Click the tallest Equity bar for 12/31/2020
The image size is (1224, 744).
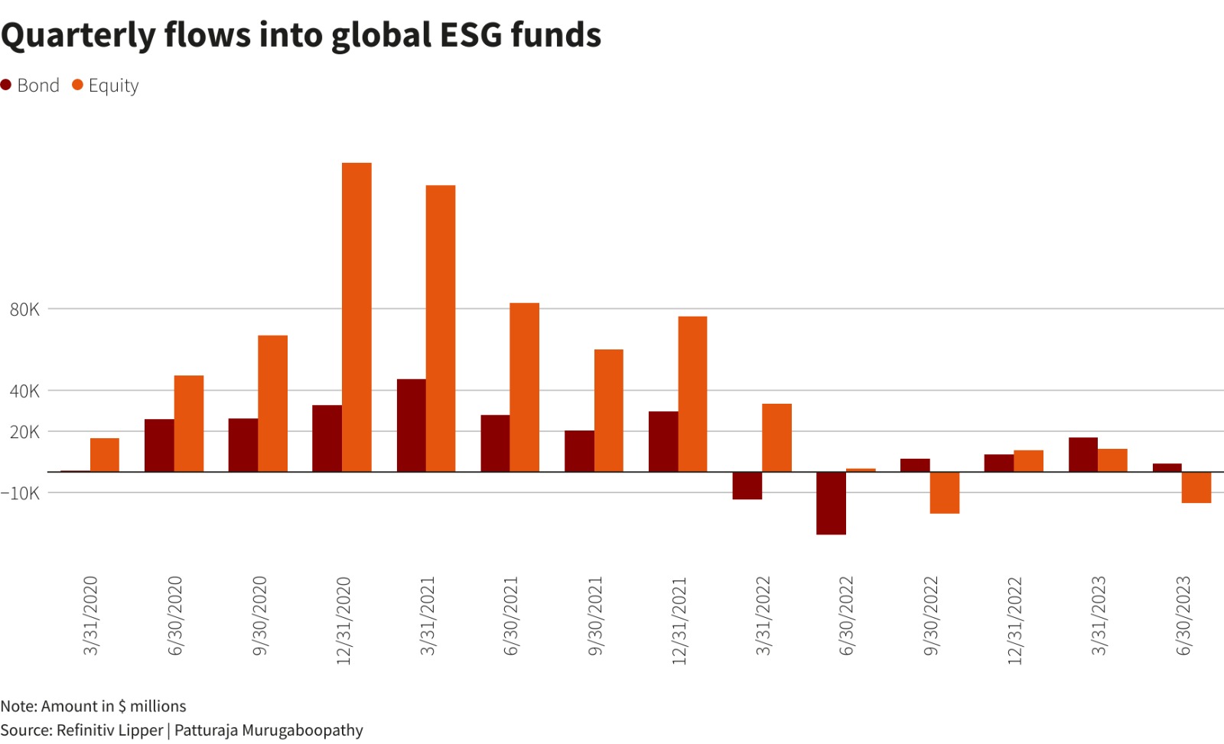point(356,317)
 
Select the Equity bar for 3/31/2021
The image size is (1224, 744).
point(441,328)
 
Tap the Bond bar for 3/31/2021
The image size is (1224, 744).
point(411,425)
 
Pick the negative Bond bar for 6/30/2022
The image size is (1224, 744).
point(831,503)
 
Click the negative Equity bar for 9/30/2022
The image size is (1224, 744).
point(945,492)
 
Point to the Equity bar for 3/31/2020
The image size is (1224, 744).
point(105,455)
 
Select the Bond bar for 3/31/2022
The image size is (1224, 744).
point(747,486)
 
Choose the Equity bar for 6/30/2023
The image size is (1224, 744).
point(1196,487)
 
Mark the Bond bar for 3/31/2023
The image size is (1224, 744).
point(1083,454)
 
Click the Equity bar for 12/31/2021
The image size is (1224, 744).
point(692,394)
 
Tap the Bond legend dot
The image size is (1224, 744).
point(6,85)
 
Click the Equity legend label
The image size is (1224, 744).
point(113,86)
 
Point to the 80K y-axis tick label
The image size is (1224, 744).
point(24,310)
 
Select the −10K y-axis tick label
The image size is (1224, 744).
point(21,493)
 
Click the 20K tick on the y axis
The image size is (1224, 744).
point(24,432)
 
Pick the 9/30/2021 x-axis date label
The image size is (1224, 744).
point(596,616)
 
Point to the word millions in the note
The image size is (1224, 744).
point(158,706)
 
